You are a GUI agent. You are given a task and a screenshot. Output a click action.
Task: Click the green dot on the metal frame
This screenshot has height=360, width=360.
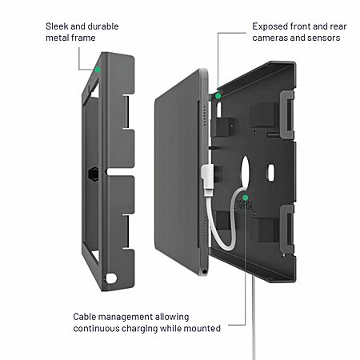tap(98, 70)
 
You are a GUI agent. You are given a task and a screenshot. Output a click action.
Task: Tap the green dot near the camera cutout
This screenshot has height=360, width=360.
tap(218, 96)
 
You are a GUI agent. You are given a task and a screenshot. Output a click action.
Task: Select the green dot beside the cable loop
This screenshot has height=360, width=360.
tap(246, 198)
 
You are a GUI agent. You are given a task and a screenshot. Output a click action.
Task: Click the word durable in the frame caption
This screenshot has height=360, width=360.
tap(103, 26)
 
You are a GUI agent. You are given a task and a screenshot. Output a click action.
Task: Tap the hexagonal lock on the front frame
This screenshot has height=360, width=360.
tap(94, 174)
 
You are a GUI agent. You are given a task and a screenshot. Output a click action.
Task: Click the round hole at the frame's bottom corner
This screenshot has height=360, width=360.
tap(111, 278)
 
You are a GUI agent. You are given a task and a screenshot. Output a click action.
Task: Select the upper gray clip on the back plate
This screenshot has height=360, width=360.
tap(287, 114)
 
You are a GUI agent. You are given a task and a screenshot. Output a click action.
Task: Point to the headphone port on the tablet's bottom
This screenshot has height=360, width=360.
tap(204, 272)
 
